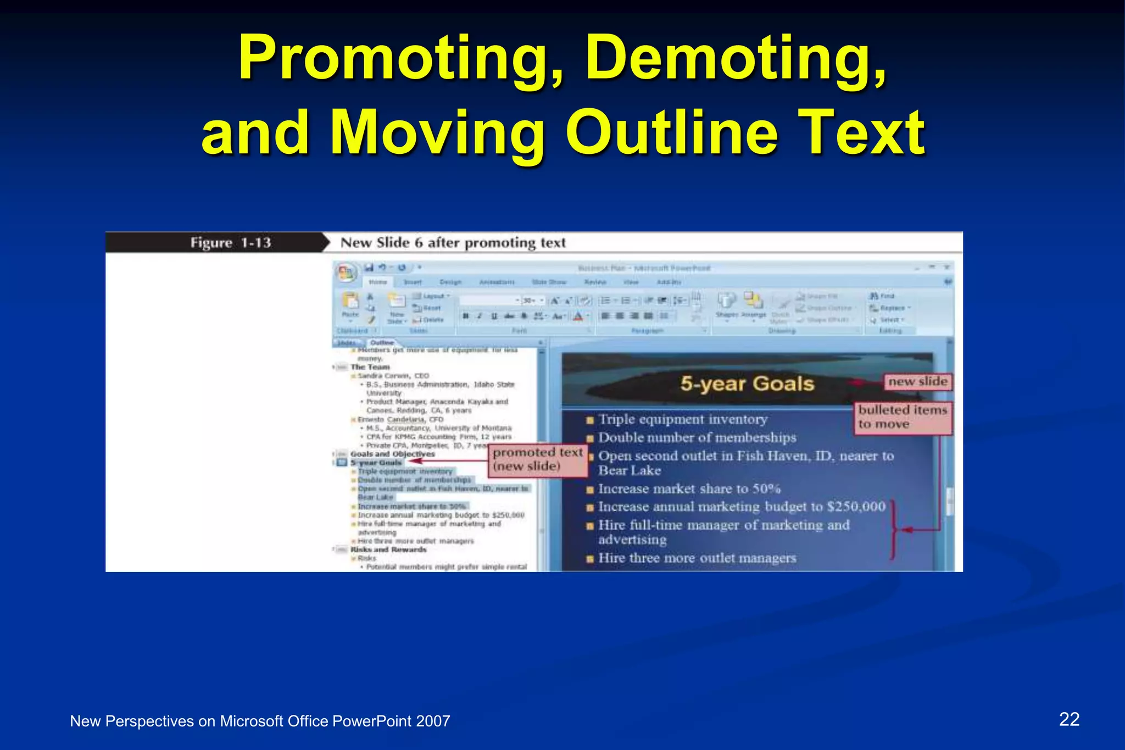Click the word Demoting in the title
736,58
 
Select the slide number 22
1069,719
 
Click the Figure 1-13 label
231,243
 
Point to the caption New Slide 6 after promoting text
453,243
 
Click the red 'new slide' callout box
917,381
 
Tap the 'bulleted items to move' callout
902,417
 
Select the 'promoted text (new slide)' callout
537,459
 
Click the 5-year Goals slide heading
747,384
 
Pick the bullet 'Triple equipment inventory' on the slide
682,419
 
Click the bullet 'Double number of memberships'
697,438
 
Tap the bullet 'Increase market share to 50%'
689,488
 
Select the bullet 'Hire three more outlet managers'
697,558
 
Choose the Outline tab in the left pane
382,342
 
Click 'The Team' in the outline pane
370,367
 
